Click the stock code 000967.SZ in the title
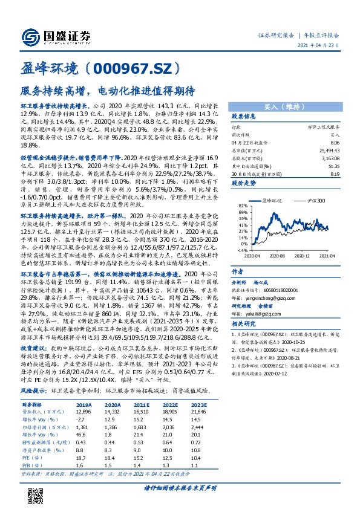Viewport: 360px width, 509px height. pyautogui.click(x=132, y=67)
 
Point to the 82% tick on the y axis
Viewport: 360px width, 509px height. pyautogui.click(x=243, y=206)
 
